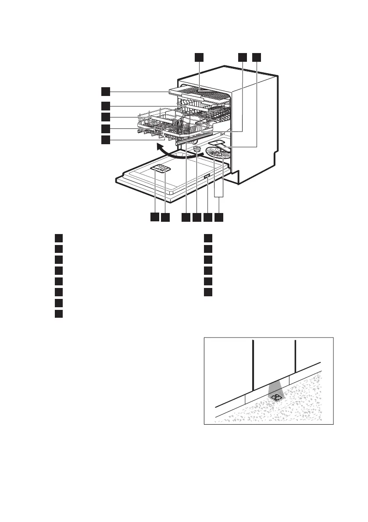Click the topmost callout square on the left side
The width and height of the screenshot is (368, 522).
click(105, 91)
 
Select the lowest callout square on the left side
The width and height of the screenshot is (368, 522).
click(105, 140)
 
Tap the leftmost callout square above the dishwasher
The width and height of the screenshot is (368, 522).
click(199, 57)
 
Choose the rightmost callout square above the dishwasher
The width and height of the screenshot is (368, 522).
click(257, 57)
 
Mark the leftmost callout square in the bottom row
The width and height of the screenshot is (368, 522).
click(154, 217)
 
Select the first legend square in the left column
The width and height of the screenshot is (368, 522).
click(58, 238)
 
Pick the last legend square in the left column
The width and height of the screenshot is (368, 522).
click(58, 313)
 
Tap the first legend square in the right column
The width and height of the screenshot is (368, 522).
click(208, 238)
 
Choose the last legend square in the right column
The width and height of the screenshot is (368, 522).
click(208, 292)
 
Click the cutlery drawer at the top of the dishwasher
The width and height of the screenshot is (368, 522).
click(200, 94)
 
